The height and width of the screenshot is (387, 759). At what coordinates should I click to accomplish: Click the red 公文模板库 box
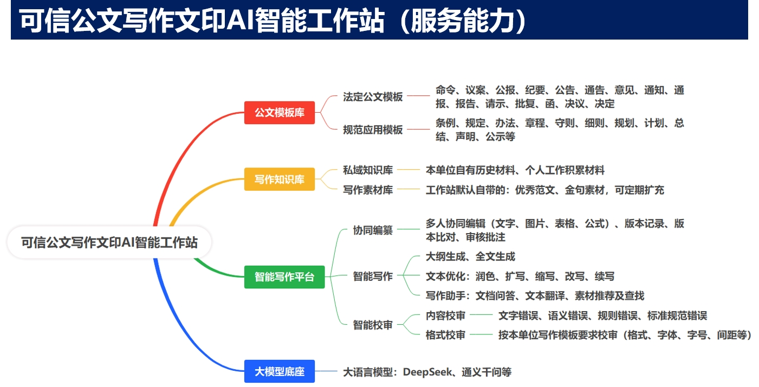(279, 113)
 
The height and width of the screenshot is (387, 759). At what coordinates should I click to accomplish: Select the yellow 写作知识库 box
(279, 179)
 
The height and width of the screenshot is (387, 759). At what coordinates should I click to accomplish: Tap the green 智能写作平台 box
(284, 277)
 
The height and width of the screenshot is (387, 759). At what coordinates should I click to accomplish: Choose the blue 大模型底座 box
(279, 371)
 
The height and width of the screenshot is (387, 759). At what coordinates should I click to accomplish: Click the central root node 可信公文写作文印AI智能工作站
(109, 243)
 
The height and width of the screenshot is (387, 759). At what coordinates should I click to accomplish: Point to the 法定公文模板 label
(373, 97)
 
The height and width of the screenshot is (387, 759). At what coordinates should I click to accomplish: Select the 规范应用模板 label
(373, 130)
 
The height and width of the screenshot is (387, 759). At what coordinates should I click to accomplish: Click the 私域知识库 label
(368, 170)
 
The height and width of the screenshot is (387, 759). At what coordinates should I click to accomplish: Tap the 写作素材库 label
(368, 190)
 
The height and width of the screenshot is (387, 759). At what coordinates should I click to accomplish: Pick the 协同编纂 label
(373, 230)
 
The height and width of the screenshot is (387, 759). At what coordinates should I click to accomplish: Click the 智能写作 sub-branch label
(373, 276)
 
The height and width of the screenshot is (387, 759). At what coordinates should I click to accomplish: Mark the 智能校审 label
(373, 325)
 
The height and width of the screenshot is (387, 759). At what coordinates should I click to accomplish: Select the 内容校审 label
(445, 315)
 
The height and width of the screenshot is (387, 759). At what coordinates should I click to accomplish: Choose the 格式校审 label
(445, 335)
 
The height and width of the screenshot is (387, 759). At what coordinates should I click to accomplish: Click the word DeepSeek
(427, 372)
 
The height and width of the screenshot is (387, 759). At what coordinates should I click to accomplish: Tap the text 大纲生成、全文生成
(470, 256)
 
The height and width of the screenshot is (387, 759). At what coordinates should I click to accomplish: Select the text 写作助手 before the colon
(445, 296)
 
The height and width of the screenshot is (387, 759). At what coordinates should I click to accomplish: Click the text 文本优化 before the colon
(445, 276)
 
